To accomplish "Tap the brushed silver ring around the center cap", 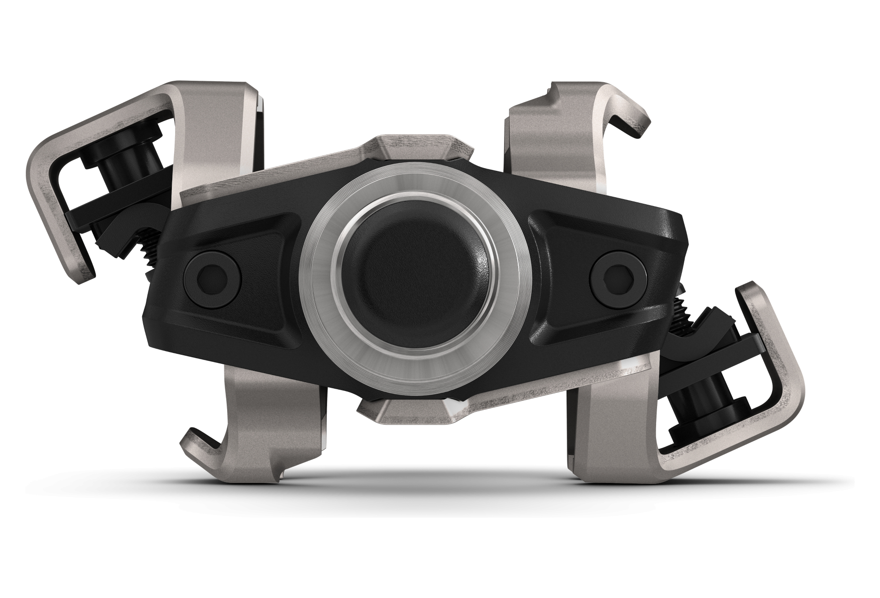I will (413, 198).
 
